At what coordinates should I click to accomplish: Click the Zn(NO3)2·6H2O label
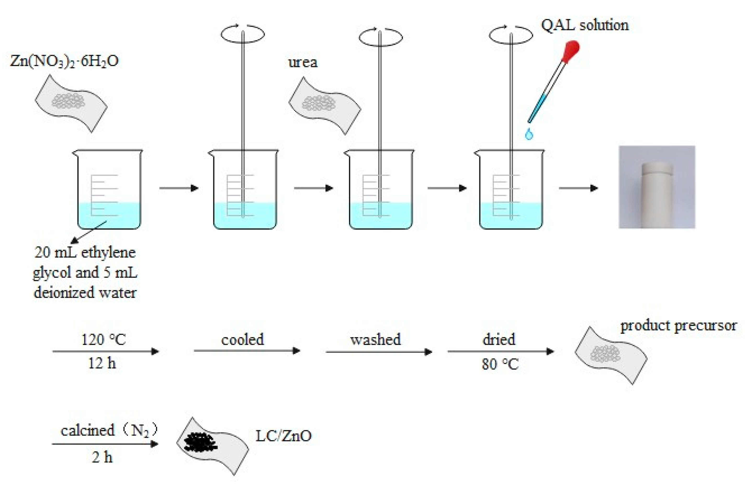pos(64,61)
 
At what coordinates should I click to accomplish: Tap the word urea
pos(303,62)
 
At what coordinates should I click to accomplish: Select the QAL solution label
pos(584,25)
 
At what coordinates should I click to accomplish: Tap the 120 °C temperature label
pos(103,339)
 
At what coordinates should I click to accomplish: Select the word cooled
pos(242,339)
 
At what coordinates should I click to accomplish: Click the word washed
pos(375,339)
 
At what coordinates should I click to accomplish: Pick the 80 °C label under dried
pos(500,364)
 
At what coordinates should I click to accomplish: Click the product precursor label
pos(678,326)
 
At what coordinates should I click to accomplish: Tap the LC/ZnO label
pos(284,436)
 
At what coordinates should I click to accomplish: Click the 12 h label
pos(102,363)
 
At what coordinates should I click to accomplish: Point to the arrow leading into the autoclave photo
pos(578,188)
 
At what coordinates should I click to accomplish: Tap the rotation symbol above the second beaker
pos(242,33)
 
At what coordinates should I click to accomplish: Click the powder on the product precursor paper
pos(605,354)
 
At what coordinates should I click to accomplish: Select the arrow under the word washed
pos(379,352)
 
